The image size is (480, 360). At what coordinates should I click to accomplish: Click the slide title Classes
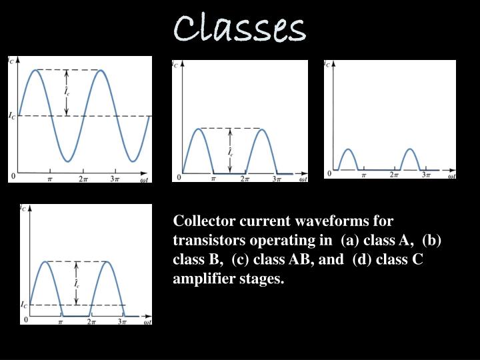point(240,28)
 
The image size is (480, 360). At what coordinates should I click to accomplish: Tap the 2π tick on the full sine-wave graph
point(83,179)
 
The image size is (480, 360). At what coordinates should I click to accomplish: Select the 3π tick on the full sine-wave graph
point(115,179)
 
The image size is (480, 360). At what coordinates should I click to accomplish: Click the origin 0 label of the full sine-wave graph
point(13,176)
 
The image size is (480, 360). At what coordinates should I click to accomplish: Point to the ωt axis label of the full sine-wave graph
point(145,179)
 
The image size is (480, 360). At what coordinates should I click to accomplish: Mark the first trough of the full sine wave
point(67,161)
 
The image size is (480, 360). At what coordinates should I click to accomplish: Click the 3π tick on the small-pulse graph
point(426,175)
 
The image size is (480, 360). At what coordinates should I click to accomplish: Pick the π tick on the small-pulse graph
point(364,175)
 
